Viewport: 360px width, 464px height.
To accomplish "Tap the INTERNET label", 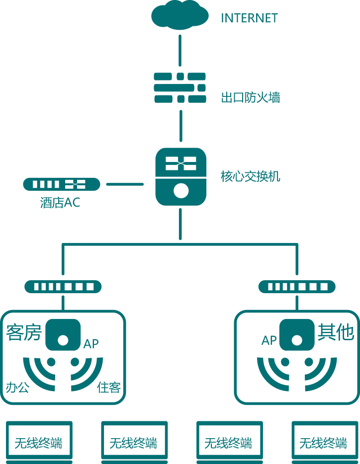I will click(x=249, y=18).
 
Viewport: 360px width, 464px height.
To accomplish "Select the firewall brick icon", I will click(x=180, y=88).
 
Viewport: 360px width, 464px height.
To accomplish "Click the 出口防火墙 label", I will click(x=250, y=97).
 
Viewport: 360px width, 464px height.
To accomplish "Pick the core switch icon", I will click(x=180, y=177).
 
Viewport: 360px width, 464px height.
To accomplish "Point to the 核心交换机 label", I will click(x=250, y=176).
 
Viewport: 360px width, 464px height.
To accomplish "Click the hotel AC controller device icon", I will click(x=62, y=184).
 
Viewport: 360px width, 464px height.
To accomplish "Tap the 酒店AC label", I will click(x=60, y=203).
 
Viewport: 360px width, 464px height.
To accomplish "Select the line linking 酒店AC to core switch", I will click(x=125, y=184).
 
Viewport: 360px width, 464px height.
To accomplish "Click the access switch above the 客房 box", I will click(x=63, y=287).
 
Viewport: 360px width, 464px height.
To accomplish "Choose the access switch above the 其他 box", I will click(x=297, y=287).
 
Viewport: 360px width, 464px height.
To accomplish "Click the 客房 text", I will click(x=23, y=333).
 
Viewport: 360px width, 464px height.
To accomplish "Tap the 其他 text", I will click(x=336, y=332).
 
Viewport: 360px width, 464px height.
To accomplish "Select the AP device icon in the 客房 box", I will click(x=63, y=335).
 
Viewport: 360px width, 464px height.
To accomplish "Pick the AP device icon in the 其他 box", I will click(x=297, y=335).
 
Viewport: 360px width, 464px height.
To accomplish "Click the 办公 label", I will click(x=17, y=387).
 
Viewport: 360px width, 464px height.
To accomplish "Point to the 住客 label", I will click(x=109, y=387).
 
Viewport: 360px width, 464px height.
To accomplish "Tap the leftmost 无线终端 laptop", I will click(x=39, y=441).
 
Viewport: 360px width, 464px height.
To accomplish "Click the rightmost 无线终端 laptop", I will click(x=324, y=441).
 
